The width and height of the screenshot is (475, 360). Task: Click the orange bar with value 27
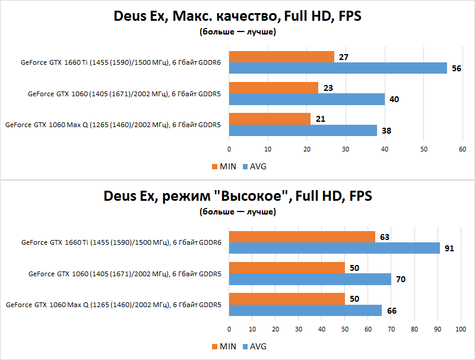(x=281, y=57)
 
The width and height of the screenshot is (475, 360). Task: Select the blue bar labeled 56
(x=338, y=68)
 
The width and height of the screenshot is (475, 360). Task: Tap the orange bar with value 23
(x=274, y=88)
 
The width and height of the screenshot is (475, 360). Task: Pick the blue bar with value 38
(x=303, y=130)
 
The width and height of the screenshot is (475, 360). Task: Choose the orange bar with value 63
(x=302, y=237)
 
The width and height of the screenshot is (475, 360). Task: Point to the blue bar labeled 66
(x=305, y=310)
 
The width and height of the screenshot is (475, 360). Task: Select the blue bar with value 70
(x=310, y=279)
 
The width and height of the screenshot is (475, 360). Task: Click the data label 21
(x=320, y=119)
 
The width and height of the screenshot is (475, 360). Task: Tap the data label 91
(x=449, y=248)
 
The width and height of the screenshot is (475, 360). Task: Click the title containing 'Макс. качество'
(x=237, y=17)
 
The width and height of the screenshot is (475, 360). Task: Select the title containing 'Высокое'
(x=237, y=196)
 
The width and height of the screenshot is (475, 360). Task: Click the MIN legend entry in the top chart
(x=224, y=166)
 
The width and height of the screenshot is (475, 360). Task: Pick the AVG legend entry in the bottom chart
(x=255, y=346)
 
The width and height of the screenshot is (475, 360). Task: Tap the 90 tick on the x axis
(x=438, y=329)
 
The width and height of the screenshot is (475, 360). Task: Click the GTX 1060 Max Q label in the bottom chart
(x=113, y=305)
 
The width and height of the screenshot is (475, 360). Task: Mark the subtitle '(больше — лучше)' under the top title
(x=237, y=31)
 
